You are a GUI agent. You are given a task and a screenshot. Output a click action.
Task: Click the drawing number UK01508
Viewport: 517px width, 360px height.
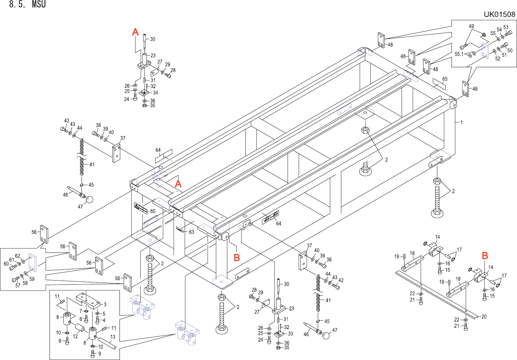499,14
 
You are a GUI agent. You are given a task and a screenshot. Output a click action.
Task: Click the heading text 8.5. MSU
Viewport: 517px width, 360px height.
27,5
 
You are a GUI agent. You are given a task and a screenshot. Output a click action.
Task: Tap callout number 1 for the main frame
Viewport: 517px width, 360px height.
461,122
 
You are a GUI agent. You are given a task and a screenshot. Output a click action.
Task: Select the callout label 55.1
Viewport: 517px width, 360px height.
459,54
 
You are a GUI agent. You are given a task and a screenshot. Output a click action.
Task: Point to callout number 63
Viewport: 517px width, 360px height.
191,232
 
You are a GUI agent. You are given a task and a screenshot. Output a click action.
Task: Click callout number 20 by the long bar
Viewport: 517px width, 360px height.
484,317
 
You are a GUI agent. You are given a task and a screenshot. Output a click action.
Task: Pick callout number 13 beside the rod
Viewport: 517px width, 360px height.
113,337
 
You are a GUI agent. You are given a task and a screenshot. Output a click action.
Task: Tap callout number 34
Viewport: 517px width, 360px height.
156,93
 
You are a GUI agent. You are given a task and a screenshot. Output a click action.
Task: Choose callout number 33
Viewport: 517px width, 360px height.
290,334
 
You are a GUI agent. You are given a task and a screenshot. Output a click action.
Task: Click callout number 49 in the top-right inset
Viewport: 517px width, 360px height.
471,26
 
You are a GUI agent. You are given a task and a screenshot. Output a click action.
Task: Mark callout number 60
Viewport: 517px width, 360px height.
6,264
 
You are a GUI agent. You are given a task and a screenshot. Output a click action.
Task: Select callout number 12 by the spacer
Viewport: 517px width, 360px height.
75,336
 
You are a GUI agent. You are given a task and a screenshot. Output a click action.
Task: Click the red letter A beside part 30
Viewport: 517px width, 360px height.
135,32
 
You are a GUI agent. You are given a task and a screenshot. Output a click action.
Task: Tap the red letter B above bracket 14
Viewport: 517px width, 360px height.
485,256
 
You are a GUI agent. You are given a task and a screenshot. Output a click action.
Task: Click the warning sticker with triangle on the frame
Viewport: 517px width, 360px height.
141,208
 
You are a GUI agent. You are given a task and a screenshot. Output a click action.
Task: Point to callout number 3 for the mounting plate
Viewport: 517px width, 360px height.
105,305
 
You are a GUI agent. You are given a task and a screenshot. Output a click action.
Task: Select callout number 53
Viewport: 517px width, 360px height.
506,27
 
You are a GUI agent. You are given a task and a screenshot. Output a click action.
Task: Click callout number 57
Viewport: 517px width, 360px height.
18,285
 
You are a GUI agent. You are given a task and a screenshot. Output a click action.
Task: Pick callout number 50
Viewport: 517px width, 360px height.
510,51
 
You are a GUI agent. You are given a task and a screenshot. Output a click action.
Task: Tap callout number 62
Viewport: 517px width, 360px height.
17,256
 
